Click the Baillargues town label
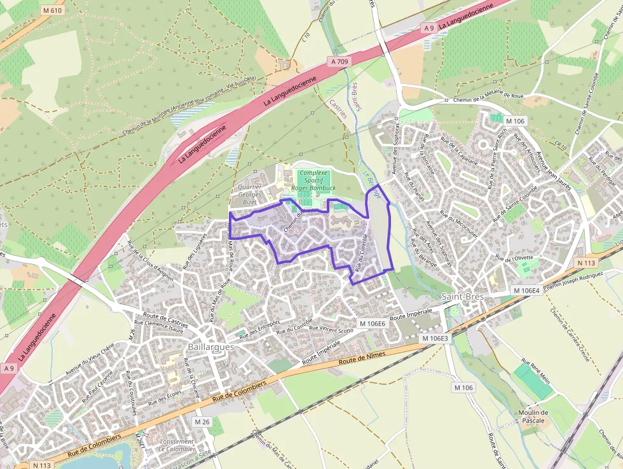click(211, 347)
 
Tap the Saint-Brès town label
click(462, 297)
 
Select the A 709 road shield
click(340, 61)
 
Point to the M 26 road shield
click(202, 422)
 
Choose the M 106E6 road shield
click(372, 324)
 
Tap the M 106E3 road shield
click(435, 339)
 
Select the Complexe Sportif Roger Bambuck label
click(313, 180)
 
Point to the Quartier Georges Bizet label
click(250, 194)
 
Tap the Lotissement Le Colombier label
click(177, 445)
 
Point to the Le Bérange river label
click(374, 185)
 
